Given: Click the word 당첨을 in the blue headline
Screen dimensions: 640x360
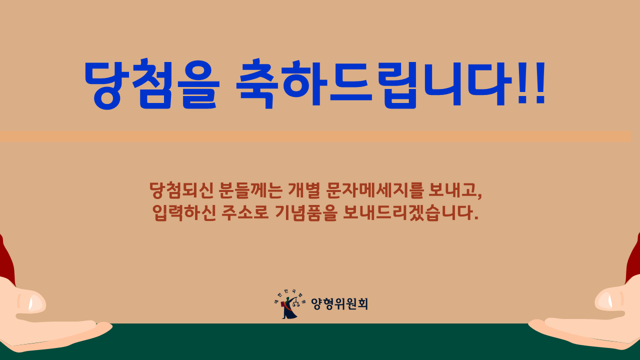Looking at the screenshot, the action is (152, 84).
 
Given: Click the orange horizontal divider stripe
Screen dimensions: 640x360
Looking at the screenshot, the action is (315, 136).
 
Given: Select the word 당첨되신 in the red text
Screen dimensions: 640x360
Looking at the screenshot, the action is (181, 190).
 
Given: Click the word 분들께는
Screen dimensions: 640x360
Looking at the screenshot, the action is (251, 190).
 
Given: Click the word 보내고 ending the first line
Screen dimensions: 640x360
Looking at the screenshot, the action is (455, 190).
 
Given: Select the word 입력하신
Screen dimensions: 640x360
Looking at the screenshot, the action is (183, 212).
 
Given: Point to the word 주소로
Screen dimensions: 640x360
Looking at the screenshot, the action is (245, 212).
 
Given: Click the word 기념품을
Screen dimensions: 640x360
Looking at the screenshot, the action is (305, 212).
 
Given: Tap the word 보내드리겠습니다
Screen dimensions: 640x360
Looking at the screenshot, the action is (410, 212).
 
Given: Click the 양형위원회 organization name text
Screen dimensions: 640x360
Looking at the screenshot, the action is (339, 303).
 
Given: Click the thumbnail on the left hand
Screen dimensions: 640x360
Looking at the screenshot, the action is (35, 303).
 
